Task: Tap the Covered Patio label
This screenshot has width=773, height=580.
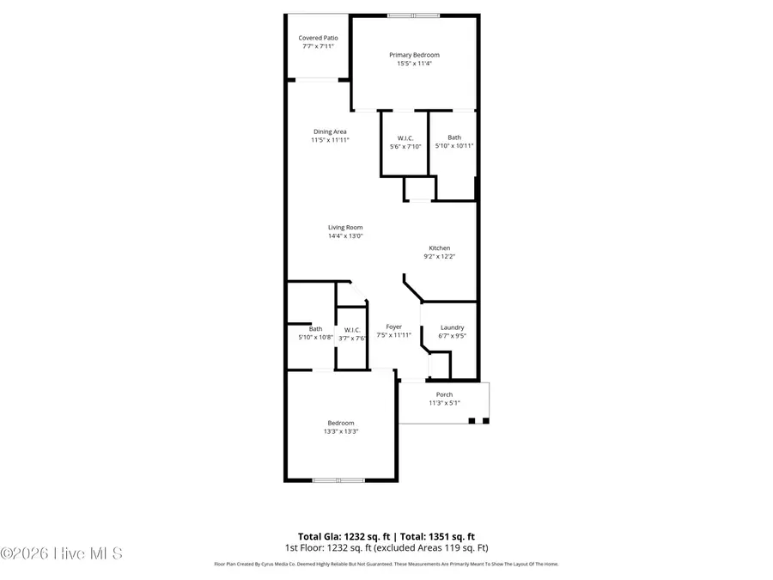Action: [318, 38]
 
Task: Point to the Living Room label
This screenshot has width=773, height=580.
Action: [345, 228]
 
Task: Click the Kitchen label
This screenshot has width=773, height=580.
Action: [439, 248]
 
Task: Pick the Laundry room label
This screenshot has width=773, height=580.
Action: [452, 327]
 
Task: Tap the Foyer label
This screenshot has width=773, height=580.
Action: [393, 327]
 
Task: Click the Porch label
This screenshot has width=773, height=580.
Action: [444, 394]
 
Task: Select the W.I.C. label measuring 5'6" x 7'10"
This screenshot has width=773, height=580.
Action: [405, 138]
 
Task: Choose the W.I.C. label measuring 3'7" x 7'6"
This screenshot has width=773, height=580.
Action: [352, 330]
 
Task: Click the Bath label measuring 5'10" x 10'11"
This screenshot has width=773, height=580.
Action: [453, 137]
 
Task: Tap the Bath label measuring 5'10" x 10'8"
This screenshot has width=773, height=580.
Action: [316, 329]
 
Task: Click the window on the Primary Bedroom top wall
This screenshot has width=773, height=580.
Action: [412, 15]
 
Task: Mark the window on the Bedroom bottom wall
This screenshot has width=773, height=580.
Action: [338, 480]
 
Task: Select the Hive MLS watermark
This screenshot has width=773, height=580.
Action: [62, 553]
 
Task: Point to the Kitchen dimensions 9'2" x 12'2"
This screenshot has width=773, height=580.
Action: [439, 256]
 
